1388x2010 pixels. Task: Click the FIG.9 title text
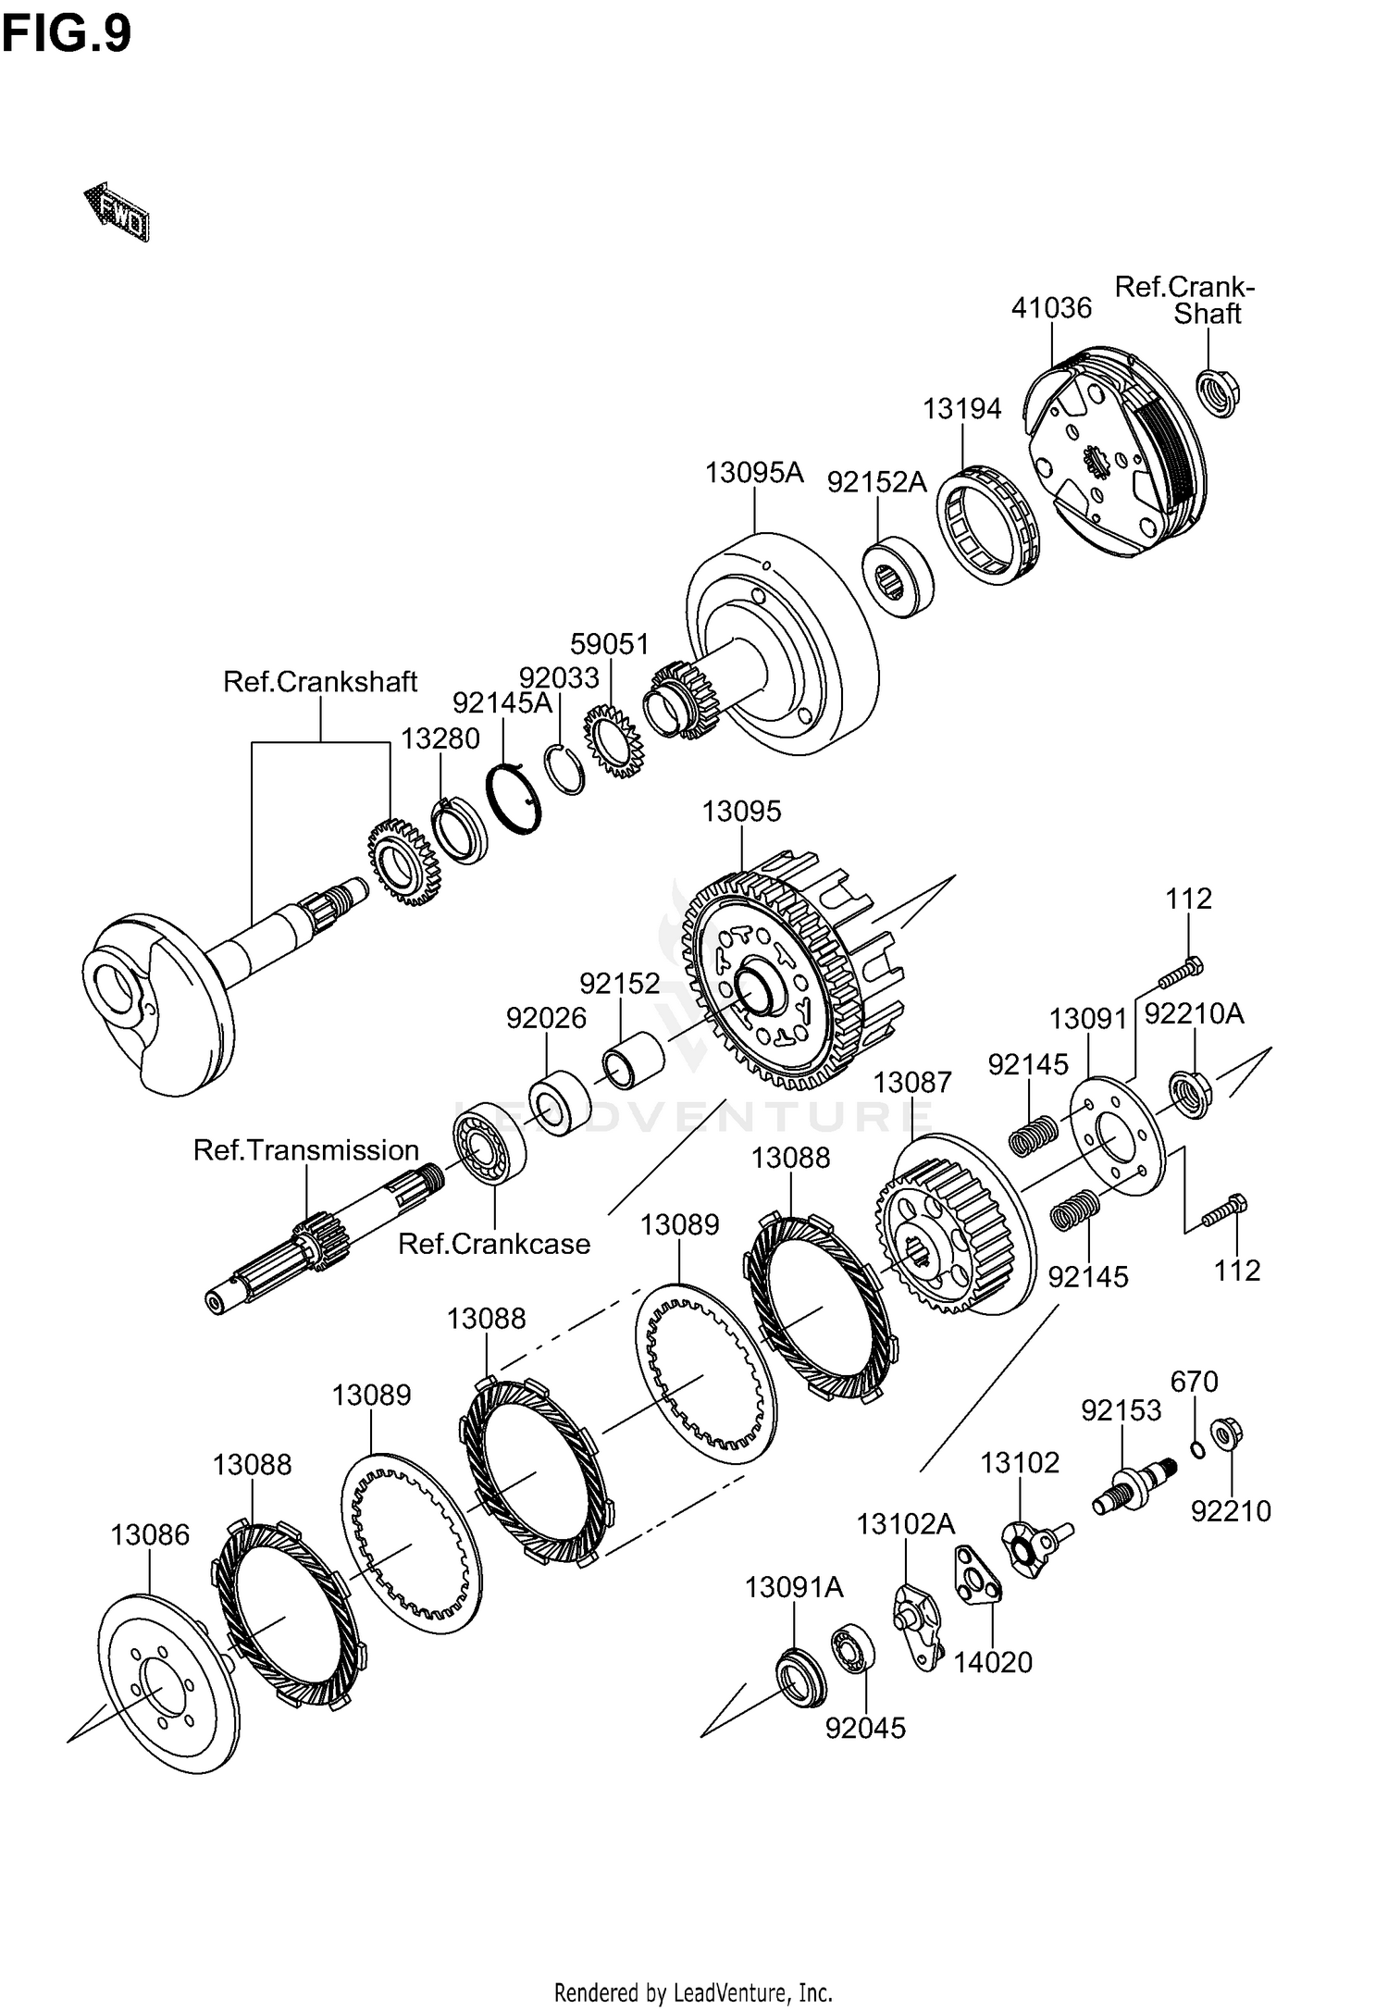tap(67, 35)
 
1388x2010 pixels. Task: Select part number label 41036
tap(1051, 308)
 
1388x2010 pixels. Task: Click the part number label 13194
tap(961, 408)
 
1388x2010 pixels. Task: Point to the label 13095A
tap(754, 473)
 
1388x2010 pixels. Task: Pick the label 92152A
tap(876, 482)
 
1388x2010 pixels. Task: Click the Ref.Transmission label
tap(306, 1150)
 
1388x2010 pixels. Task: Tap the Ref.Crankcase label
tap(494, 1244)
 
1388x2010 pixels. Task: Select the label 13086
tap(150, 1535)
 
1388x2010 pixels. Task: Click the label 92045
tap(866, 1728)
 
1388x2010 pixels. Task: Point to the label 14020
tap(993, 1662)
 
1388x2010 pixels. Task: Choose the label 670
tap(1194, 1382)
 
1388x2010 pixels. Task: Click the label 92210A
tap(1194, 1014)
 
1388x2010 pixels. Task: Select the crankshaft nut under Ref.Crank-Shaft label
tap(1218, 392)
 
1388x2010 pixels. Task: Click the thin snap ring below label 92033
tap(564, 768)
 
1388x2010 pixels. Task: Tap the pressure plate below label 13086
tap(165, 1683)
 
